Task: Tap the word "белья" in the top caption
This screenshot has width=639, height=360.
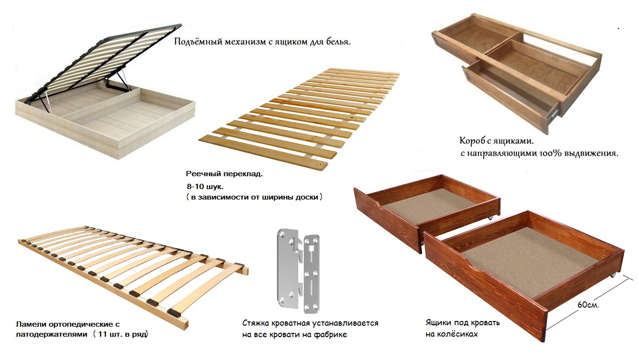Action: click(338, 42)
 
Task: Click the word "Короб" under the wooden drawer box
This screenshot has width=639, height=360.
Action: click(472, 141)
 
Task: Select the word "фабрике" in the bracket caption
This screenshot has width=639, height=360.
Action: click(331, 334)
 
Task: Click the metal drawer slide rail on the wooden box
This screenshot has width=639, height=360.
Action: click(552, 113)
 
